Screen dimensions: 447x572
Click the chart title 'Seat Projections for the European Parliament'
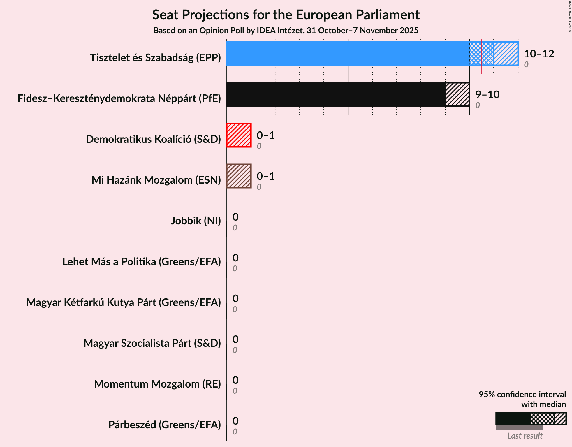[x=286, y=15]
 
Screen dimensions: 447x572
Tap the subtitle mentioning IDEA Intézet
[x=286, y=30]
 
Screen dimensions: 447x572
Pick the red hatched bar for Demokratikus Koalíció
[x=239, y=135]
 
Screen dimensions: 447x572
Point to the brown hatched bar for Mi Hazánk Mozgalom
[x=239, y=176]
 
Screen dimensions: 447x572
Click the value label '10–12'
[x=539, y=54]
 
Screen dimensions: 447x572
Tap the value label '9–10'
[x=487, y=94]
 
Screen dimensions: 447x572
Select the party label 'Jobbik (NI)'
[x=196, y=221]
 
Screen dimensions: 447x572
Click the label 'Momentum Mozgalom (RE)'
[x=157, y=384]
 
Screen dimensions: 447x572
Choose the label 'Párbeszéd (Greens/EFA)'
[x=164, y=425]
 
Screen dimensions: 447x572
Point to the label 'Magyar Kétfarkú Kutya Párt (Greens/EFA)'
[x=124, y=302]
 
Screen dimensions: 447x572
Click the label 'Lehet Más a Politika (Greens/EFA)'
[x=142, y=262]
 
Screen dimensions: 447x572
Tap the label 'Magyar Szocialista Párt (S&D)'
[x=152, y=343]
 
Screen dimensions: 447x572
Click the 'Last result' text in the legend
[x=525, y=436]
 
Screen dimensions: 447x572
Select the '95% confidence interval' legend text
[x=522, y=395]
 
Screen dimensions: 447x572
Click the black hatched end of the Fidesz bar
[x=457, y=94]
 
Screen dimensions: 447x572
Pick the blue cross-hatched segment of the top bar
[x=481, y=54]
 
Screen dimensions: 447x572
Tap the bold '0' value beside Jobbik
[x=235, y=217]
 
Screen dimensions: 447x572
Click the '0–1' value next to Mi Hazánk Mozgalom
[x=265, y=176]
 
